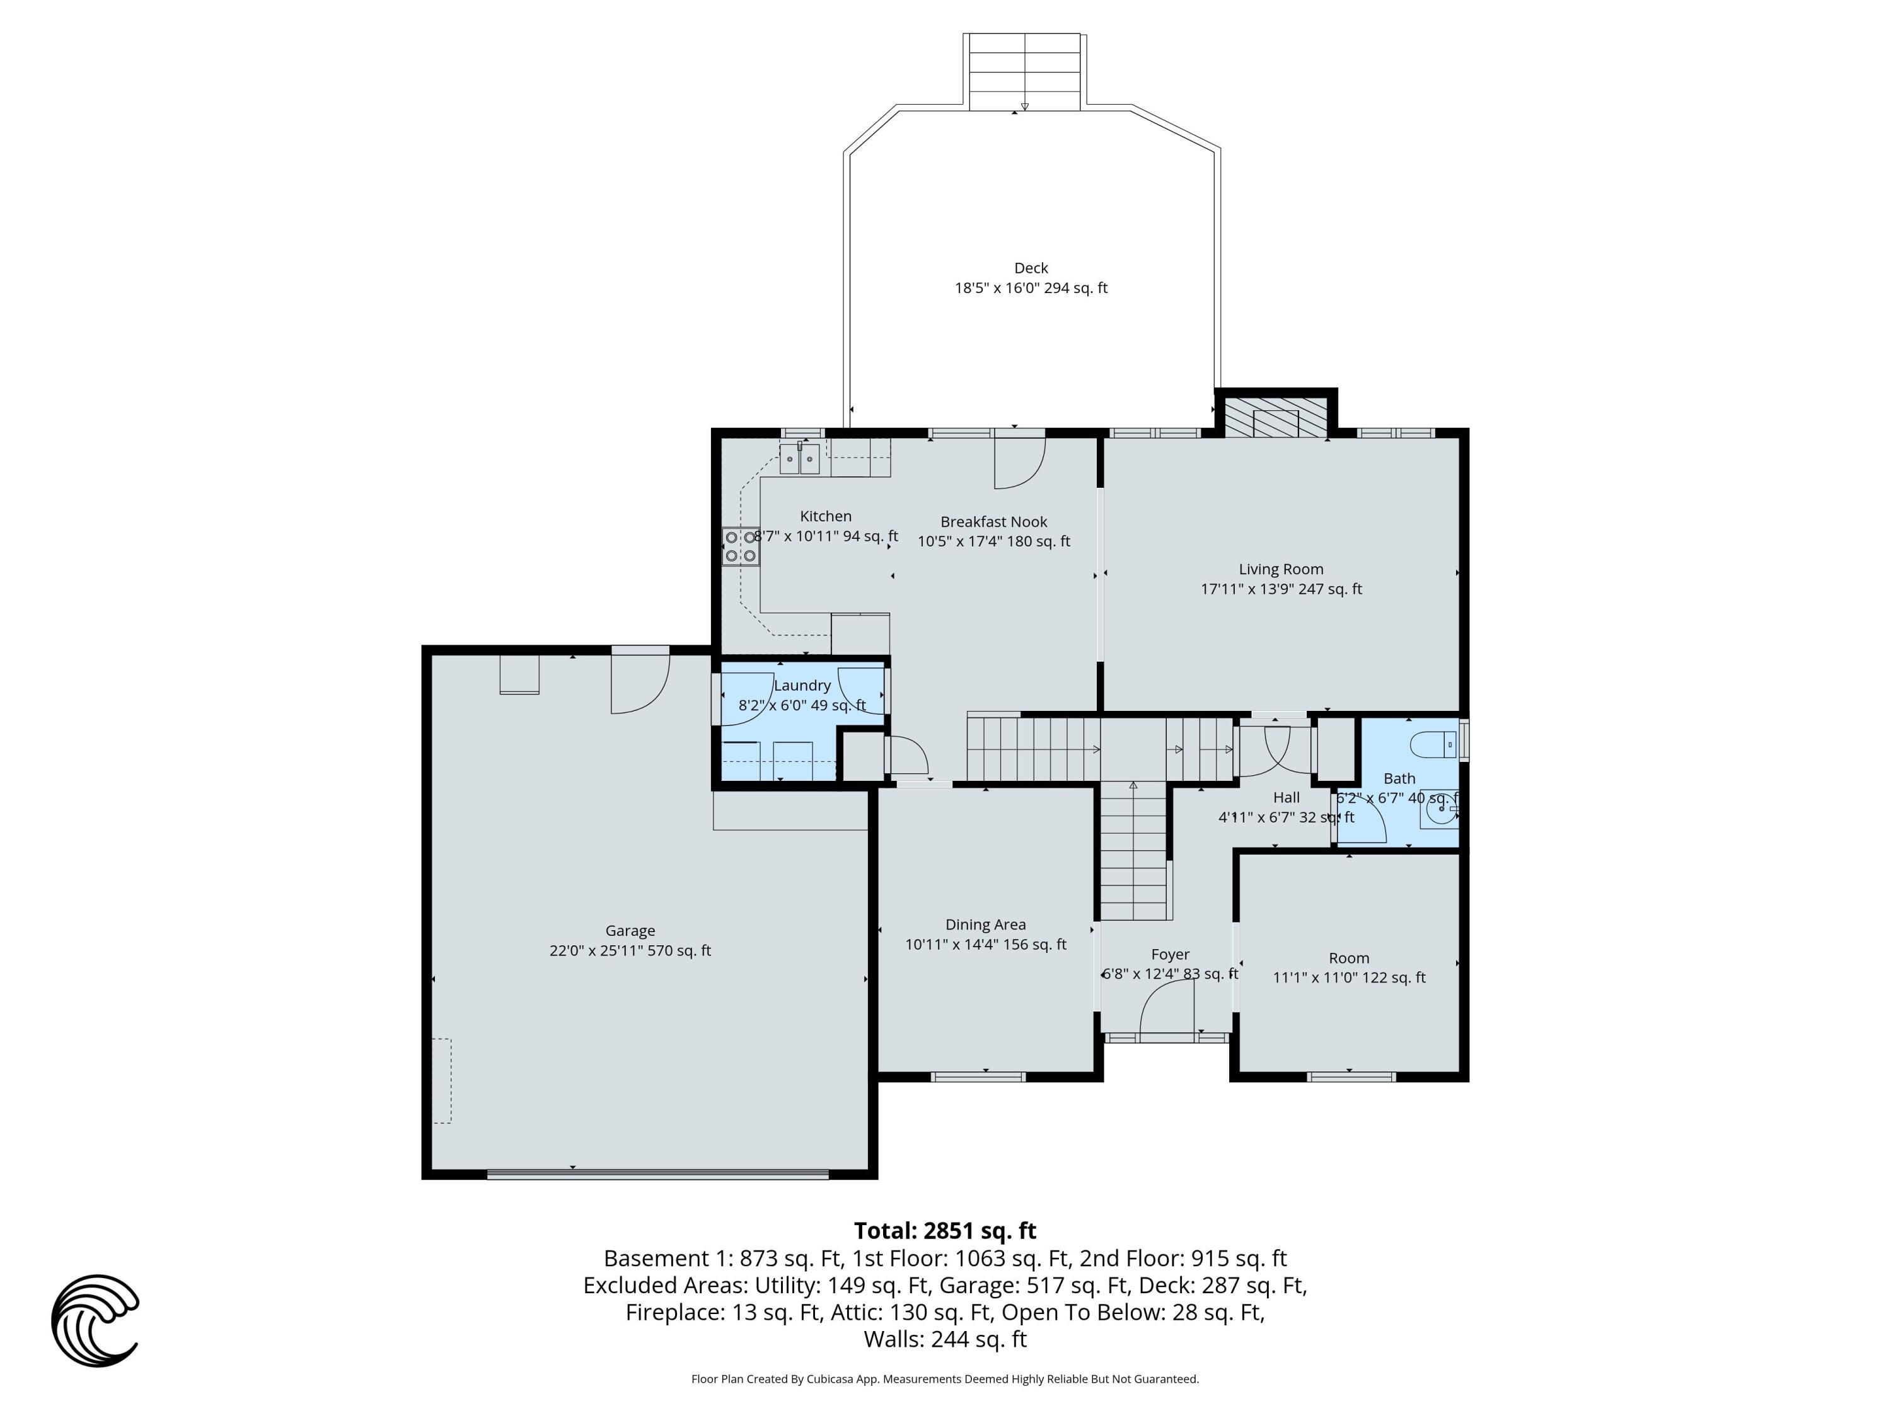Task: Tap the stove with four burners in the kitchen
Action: (741, 546)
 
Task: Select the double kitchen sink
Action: (799, 459)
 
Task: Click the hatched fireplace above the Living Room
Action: (1276, 416)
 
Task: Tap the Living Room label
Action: (1281, 569)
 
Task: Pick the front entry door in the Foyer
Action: (1168, 1008)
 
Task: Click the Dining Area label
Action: (985, 925)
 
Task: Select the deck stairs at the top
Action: (1024, 72)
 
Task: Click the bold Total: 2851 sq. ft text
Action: (945, 1231)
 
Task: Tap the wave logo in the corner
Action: (95, 1320)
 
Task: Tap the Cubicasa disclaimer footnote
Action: (945, 1379)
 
